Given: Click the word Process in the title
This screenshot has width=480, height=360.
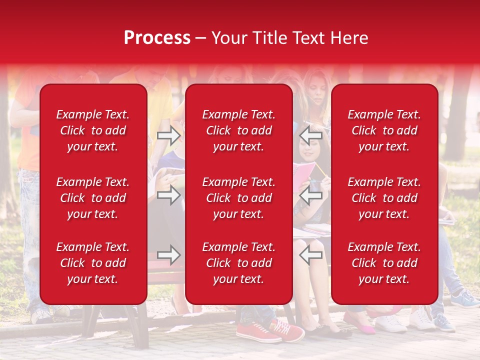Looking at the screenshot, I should [x=157, y=38].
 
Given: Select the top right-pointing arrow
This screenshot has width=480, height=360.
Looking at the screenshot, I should [x=168, y=135].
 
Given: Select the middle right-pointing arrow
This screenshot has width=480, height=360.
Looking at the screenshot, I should [x=168, y=195].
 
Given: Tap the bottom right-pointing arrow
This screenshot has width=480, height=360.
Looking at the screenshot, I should [x=168, y=255].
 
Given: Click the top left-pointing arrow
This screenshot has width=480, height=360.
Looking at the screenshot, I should [x=311, y=135].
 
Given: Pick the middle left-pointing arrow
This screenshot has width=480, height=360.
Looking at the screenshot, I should [x=311, y=195].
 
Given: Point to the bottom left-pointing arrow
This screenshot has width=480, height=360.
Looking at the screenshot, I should [x=311, y=255].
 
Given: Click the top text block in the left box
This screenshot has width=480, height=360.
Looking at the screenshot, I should [x=93, y=130].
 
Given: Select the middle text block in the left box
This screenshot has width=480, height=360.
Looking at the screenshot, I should [x=93, y=198].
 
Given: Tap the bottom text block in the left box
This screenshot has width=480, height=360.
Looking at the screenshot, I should [x=93, y=263].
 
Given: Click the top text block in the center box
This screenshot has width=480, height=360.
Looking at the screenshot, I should [x=238, y=130].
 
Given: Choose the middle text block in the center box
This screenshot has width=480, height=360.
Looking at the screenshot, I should [x=238, y=198].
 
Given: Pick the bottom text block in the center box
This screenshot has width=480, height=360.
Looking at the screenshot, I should [x=238, y=263].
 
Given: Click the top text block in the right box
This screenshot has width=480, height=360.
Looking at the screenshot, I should [x=384, y=130].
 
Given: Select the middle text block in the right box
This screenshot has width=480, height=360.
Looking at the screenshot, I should [x=384, y=198].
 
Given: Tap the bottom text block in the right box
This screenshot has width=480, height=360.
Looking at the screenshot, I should [x=384, y=263].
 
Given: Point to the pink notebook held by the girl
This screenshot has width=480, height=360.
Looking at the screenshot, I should [x=305, y=172].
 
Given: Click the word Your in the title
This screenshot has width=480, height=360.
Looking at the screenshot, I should [x=229, y=38].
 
